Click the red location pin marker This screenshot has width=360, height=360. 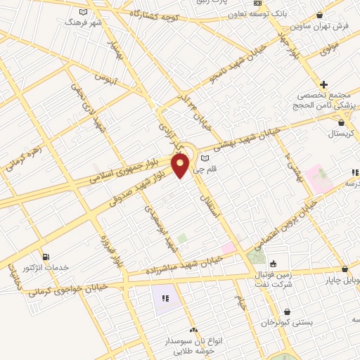click(181, 165)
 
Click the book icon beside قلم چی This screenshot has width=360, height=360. click(205, 157)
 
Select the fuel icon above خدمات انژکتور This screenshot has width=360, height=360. click(46, 257)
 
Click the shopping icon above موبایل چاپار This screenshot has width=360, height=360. click(345, 269)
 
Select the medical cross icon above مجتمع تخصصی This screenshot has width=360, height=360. click(323, 84)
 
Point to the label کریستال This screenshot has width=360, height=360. click(343, 133)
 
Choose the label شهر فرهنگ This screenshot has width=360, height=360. click(84, 22)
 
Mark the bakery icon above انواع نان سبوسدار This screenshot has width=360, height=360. click(193, 330)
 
